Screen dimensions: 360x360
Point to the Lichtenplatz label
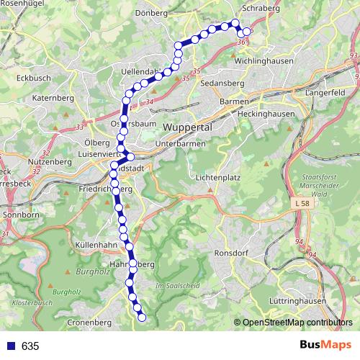(217, 176)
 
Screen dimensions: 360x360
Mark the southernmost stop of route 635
(142, 317)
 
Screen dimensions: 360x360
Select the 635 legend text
(30, 346)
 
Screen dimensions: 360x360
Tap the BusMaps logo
(325, 346)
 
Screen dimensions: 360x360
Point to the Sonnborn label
(21, 215)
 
